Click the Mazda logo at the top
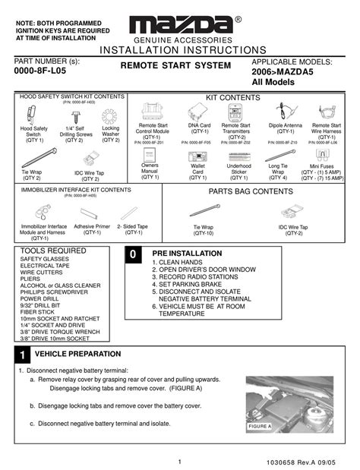pos(180,22)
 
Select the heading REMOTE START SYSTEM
pos(175,67)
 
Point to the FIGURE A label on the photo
pos(260,427)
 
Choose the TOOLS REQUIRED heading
pos(48,250)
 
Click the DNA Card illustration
pos(196,112)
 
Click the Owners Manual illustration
pos(150,155)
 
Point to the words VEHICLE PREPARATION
pos(78,355)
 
